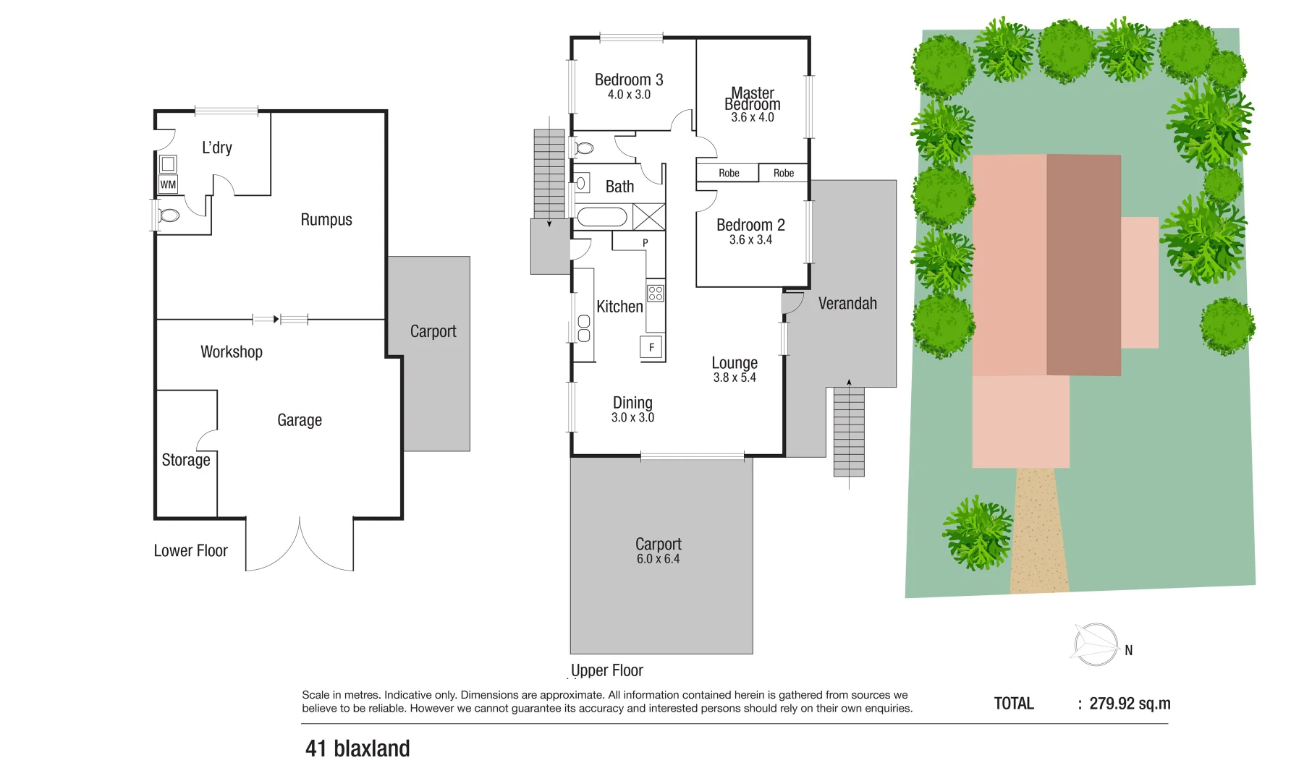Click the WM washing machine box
(168, 184)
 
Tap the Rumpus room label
(326, 220)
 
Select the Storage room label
(186, 460)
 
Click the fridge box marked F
(651, 347)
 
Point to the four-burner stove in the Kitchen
(656, 293)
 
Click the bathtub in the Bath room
(602, 217)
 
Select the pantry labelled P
(645, 242)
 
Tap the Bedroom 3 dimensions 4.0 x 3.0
(629, 95)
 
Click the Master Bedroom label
(753, 99)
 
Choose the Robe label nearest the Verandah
(784, 173)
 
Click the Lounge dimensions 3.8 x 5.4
(735, 377)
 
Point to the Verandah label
(847, 304)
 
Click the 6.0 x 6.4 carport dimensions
(658, 559)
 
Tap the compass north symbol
(1097, 644)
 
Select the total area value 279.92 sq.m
(1130, 704)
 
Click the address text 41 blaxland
(357, 748)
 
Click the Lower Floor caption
(190, 551)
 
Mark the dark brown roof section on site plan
(1083, 265)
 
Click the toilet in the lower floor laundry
(169, 215)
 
